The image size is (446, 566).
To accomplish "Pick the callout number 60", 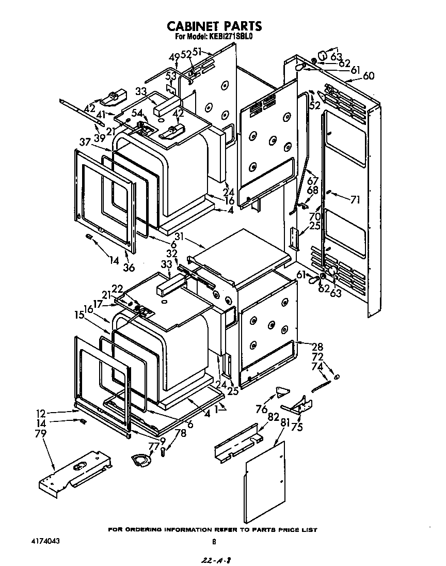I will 368,76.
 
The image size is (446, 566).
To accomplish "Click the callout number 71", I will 355,199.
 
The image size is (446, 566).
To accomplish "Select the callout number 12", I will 41,413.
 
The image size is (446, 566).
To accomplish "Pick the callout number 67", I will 313,181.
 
